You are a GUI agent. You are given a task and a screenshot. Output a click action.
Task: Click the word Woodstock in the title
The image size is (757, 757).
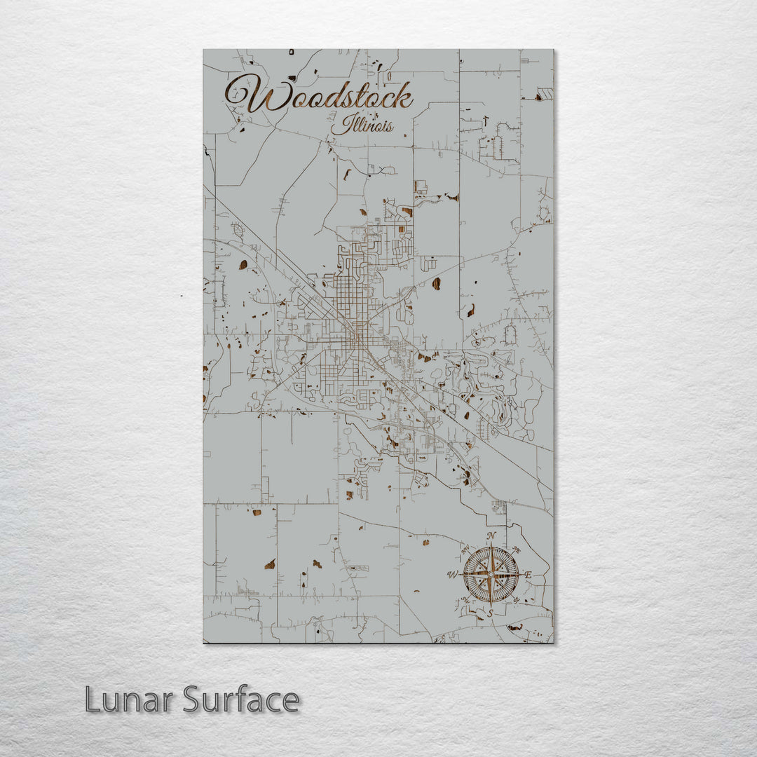click(319, 96)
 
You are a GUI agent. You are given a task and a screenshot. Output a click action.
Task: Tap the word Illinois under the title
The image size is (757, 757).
click(362, 126)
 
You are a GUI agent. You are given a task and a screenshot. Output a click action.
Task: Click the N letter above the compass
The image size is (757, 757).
click(491, 537)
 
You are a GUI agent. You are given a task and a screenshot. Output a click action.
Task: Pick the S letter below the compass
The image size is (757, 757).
click(491, 613)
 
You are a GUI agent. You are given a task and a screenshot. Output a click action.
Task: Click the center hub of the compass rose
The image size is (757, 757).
click(491, 575)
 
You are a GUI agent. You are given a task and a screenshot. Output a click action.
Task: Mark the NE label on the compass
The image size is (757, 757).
click(517, 549)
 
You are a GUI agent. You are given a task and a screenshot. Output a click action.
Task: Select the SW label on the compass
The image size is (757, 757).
click(465, 601)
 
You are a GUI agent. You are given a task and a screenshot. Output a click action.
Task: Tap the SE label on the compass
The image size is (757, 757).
click(517, 601)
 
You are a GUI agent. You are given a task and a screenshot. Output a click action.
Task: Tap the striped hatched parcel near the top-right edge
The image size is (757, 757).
click(545, 93)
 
